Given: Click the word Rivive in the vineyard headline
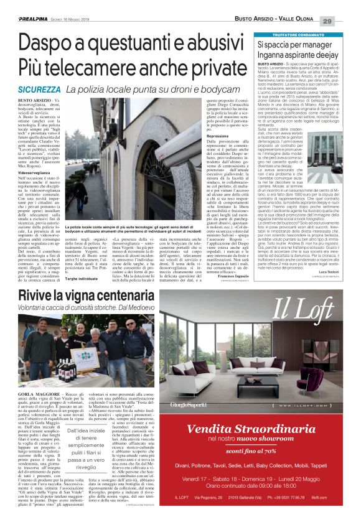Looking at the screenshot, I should tap(35, 294).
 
